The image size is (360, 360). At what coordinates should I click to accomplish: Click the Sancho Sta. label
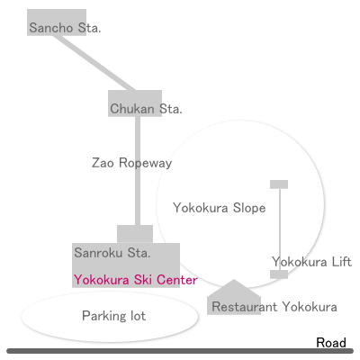[x=65, y=28]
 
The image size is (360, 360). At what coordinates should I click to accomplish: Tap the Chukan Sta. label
[x=146, y=109]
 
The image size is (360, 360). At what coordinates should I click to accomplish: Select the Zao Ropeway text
[x=131, y=163]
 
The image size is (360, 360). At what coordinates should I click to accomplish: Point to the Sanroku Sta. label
[x=112, y=253]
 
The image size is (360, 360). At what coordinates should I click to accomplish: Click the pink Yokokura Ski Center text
[x=136, y=280]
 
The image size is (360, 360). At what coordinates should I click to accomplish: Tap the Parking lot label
[x=113, y=316]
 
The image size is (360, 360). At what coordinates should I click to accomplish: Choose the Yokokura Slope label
[x=220, y=208]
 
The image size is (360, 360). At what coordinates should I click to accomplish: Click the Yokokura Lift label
[x=311, y=262]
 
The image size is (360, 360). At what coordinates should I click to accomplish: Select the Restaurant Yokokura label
[x=274, y=307]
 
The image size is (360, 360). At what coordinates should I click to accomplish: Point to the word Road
[x=331, y=343]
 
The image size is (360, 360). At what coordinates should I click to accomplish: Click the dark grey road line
[x=180, y=351]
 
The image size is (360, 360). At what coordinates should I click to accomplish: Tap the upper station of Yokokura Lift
[x=279, y=184]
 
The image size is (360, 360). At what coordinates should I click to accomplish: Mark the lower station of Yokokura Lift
[x=279, y=274]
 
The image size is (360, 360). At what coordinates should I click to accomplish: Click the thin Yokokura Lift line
[x=280, y=229]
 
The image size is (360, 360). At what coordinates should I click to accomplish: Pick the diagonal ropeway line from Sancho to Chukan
[x=94, y=63]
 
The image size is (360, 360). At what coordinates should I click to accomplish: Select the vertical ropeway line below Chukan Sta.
[x=138, y=171]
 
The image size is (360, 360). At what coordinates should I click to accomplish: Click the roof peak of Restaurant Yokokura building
[x=234, y=280]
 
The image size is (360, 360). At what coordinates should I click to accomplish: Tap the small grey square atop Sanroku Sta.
[x=135, y=234]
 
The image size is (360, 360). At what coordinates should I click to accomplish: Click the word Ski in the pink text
[x=144, y=280]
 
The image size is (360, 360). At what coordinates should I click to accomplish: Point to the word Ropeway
[x=145, y=164]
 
